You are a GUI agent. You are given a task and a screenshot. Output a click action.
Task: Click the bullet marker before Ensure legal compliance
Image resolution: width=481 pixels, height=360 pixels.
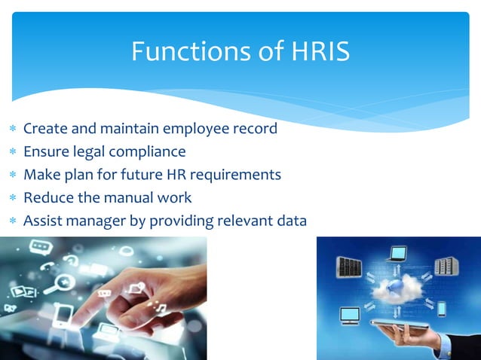(11, 152)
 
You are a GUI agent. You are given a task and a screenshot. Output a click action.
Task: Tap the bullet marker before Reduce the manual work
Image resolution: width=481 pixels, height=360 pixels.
(11, 199)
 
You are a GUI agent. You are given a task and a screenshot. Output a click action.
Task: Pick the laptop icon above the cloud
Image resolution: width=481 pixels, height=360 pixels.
(397, 254)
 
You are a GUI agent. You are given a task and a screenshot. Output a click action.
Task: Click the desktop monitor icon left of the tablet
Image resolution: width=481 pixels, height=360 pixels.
(349, 314)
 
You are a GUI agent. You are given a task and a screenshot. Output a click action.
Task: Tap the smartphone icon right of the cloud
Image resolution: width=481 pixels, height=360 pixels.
(441, 309)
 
